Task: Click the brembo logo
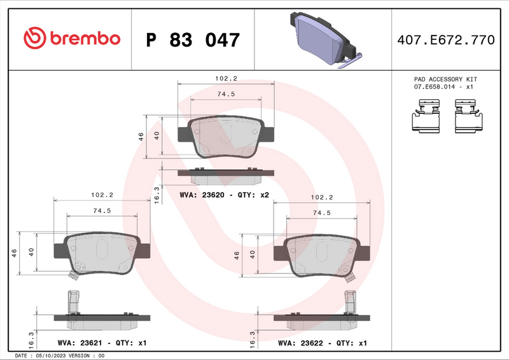coord(71,38)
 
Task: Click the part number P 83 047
coord(193,39)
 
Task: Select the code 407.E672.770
coord(445,39)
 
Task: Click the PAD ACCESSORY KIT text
coord(445,79)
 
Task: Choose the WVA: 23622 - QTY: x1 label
coord(323,343)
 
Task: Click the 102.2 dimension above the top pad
coord(226,78)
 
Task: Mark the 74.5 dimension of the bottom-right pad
coord(321,212)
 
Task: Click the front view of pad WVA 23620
coord(226,136)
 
